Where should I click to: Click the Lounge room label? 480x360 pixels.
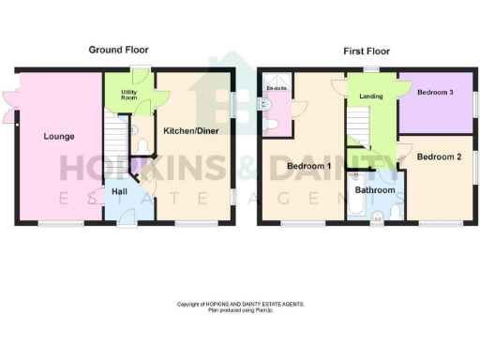coord(59,137)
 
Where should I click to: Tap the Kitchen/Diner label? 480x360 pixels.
coord(191,131)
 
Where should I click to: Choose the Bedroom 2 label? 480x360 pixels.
coord(439,157)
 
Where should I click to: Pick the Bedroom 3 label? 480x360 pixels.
coord(436,93)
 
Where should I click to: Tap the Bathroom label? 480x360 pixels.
coord(374,190)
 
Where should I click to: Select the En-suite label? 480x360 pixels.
coord(277,88)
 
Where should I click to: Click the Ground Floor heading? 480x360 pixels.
coord(118,49)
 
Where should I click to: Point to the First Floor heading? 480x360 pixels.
coord(366,51)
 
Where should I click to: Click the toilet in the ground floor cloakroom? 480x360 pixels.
coord(141,145)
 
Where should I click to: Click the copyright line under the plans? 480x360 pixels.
coord(241,304)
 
